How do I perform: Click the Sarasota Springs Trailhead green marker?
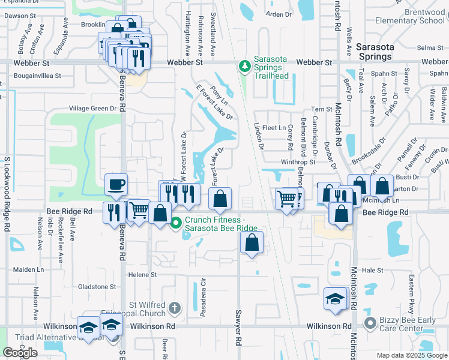244,66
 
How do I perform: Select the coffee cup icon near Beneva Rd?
116,184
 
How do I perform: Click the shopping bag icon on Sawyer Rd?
252,242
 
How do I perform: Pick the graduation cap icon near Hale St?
335,298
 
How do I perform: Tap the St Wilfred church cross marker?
174,308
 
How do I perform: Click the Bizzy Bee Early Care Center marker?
370,324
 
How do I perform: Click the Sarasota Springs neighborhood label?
374,52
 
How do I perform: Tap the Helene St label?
142,275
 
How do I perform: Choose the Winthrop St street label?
298,162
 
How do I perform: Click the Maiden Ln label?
29,270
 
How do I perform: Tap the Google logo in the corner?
20,353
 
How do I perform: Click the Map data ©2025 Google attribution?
411,355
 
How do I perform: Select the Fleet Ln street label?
274,128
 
